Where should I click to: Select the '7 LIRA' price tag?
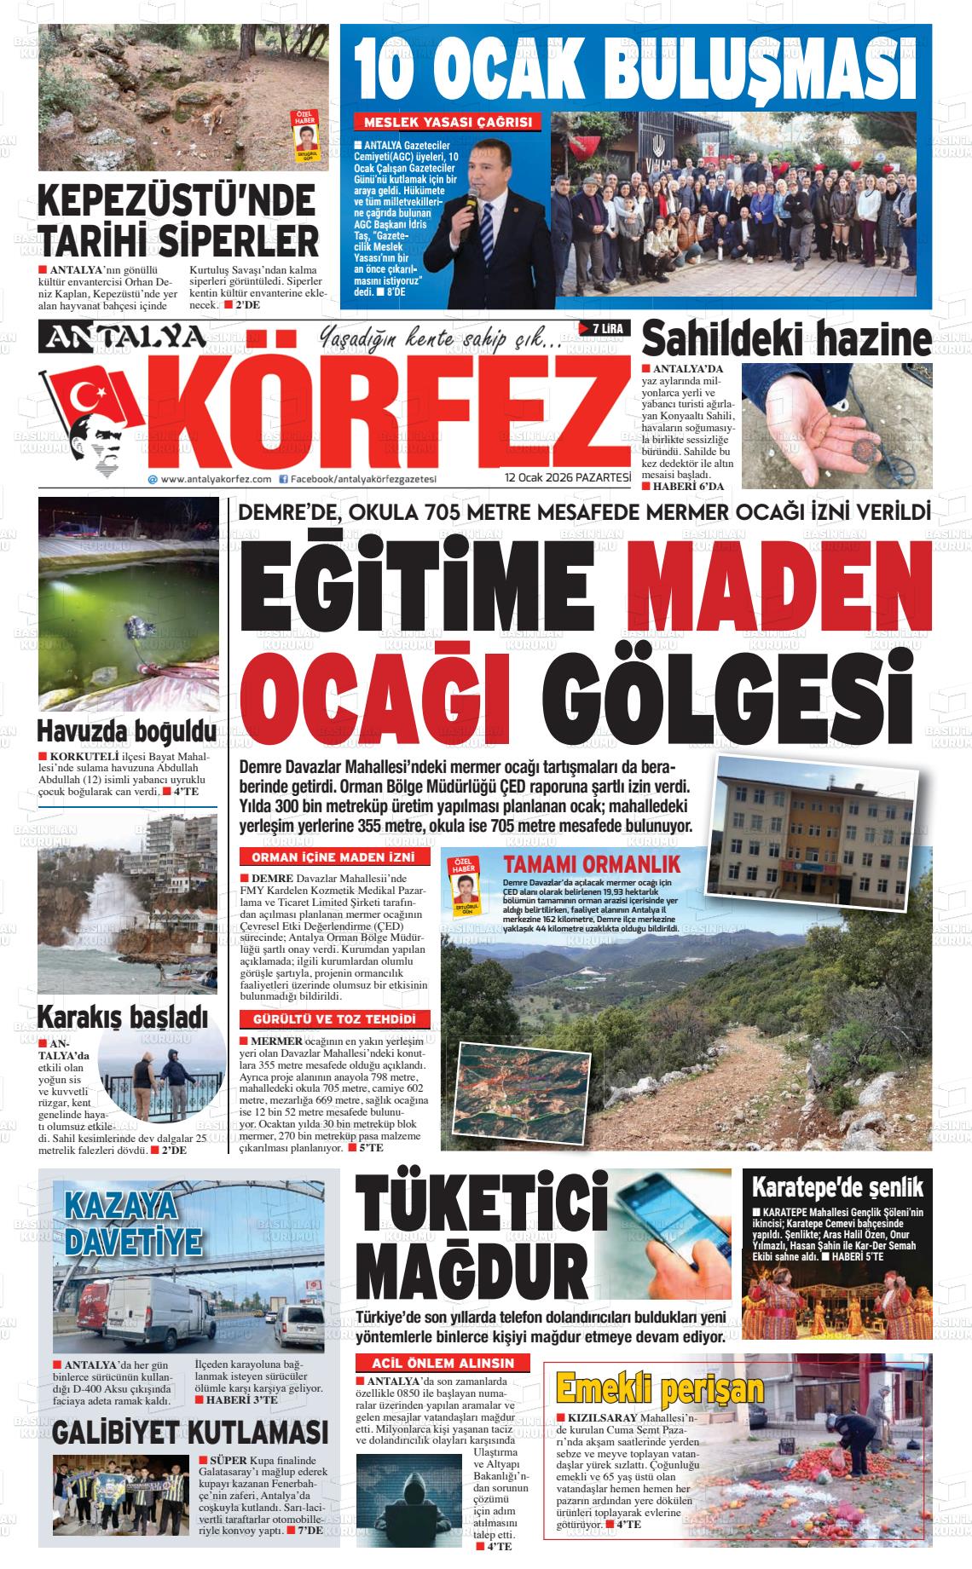[604, 329]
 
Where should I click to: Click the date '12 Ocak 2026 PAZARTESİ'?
[567, 477]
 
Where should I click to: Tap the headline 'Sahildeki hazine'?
[786, 340]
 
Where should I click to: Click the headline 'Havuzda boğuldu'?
[126, 732]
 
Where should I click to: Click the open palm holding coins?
[822, 427]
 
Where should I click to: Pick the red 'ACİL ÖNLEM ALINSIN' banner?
[443, 1363]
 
